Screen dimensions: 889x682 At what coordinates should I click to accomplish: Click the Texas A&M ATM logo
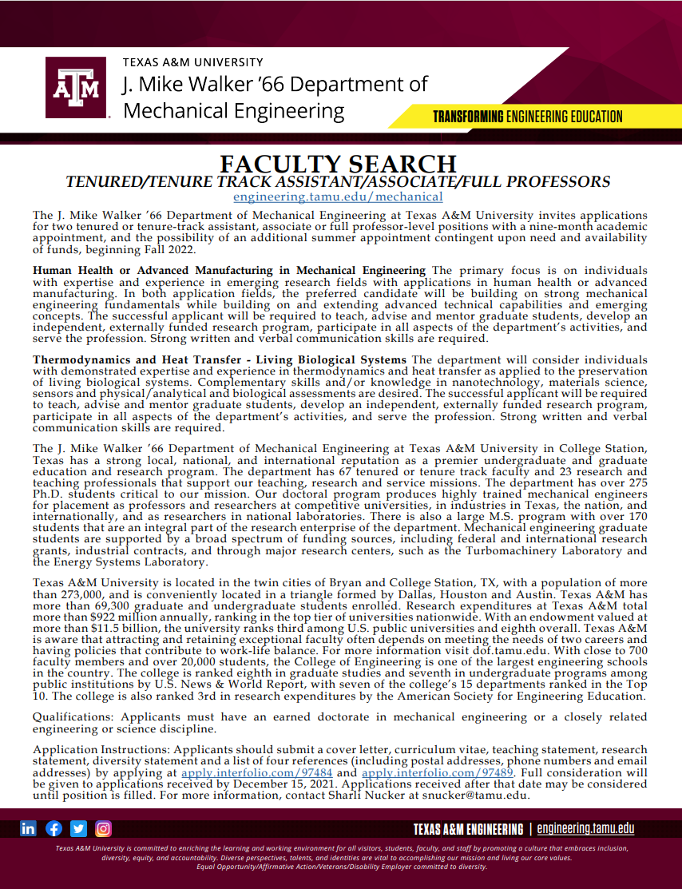[77, 87]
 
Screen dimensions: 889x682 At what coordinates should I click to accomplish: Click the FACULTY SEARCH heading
[338, 164]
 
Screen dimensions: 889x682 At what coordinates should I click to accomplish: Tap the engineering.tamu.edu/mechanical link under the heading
[338, 196]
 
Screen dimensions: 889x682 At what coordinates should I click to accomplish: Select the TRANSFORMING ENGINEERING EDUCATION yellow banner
[527, 117]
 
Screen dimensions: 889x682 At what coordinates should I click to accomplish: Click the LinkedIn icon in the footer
[29, 828]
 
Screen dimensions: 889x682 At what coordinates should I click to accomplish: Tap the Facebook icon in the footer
[54, 828]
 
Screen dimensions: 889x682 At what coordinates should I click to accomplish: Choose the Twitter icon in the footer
[78, 828]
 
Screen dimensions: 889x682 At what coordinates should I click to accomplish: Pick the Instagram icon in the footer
[103, 828]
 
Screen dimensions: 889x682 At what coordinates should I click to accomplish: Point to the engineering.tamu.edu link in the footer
[585, 829]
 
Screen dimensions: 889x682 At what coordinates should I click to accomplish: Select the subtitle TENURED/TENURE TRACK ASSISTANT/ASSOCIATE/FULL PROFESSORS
[338, 181]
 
